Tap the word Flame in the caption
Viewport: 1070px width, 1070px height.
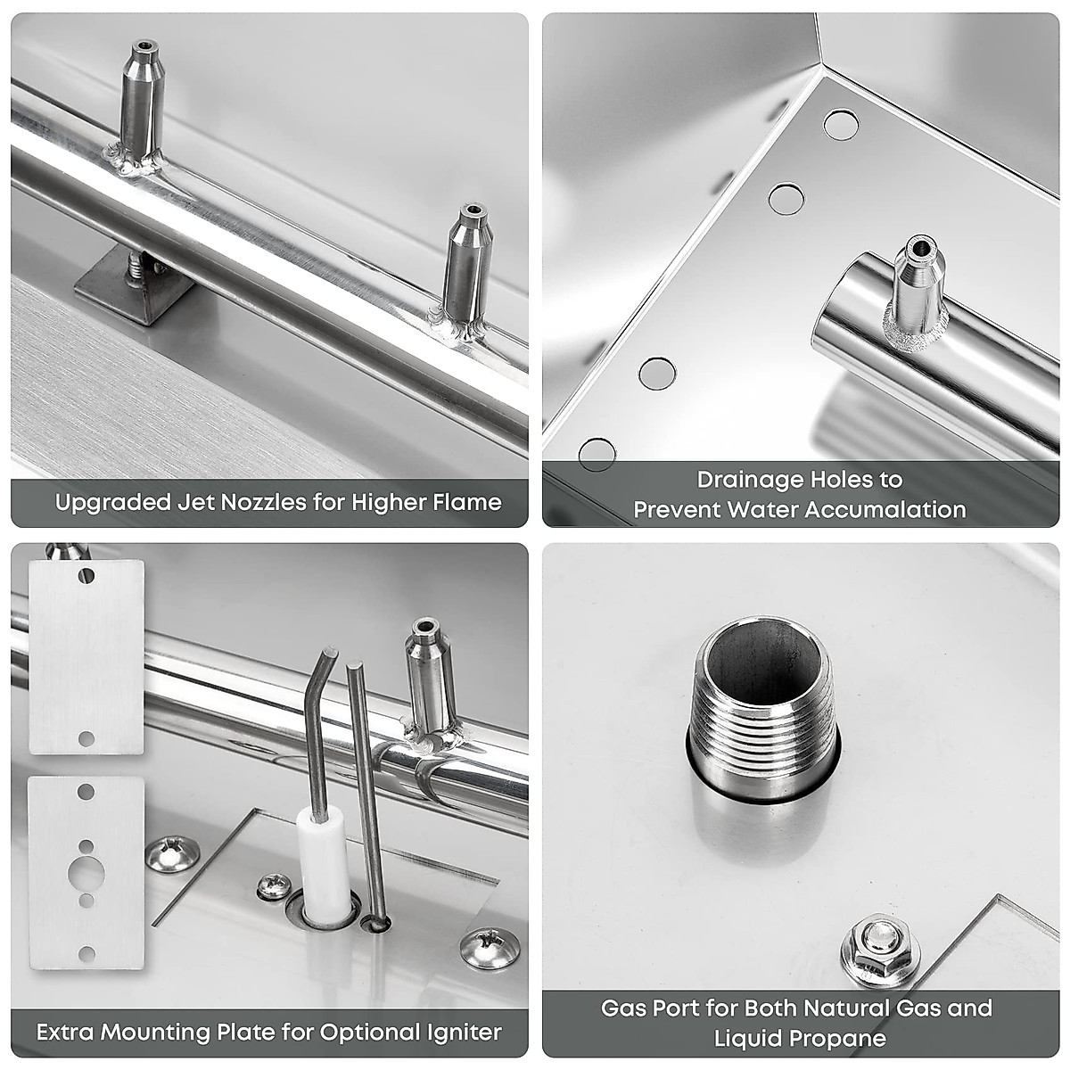point(469,502)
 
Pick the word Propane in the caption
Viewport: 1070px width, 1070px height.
point(843,1038)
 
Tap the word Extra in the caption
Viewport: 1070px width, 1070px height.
point(63,1033)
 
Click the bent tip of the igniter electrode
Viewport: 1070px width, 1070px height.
point(330,651)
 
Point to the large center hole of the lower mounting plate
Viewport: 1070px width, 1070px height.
point(86,871)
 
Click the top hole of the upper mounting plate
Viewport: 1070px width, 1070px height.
point(86,574)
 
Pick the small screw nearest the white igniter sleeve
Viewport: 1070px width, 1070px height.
point(273,886)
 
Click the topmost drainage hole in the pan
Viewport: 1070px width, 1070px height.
point(841,124)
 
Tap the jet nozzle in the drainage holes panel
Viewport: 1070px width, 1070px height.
point(917,292)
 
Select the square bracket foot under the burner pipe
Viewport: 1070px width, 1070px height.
point(135,284)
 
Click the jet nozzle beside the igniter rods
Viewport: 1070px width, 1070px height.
point(432,683)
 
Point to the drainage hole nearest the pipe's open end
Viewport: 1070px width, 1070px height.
point(786,199)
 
